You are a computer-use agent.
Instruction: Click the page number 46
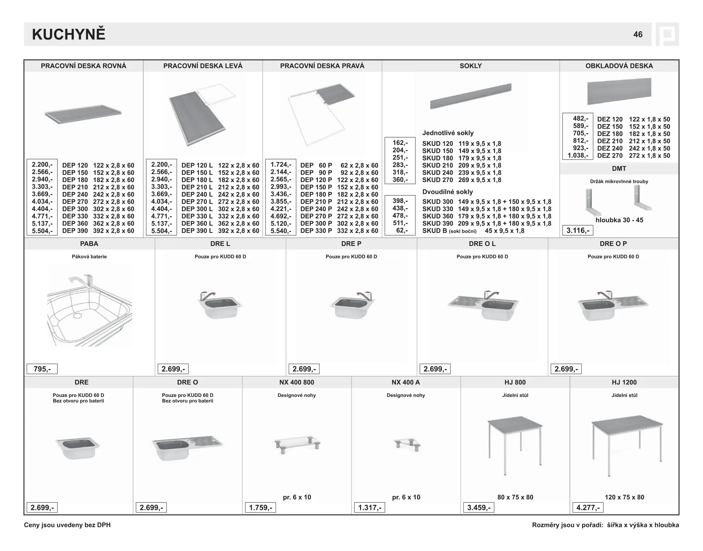pyautogui.click(x=638, y=35)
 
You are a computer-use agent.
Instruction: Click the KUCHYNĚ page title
pyautogui.click(x=69, y=35)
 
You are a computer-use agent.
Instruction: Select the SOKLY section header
pyautogui.click(x=471, y=66)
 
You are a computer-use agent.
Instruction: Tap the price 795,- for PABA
pyautogui.click(x=42, y=369)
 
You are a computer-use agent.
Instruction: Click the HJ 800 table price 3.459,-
pyautogui.click(x=479, y=508)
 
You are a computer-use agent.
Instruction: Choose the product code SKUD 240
pyautogui.click(x=438, y=173)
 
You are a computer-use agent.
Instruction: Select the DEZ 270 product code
pyautogui.click(x=610, y=156)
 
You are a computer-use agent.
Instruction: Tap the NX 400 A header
pyautogui.click(x=406, y=382)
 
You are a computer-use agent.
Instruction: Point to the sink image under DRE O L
pyautogui.click(x=482, y=305)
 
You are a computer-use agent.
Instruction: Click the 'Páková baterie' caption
pyautogui.click(x=89, y=257)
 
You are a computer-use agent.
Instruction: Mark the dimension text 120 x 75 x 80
pyautogui.click(x=624, y=497)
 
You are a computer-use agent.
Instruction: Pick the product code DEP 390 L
pyautogui.click(x=197, y=231)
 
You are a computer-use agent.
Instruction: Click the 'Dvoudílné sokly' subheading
pyautogui.click(x=447, y=192)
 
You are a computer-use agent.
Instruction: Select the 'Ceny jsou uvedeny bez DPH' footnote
pyautogui.click(x=67, y=525)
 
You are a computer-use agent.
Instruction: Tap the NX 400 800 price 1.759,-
pyautogui.click(x=260, y=508)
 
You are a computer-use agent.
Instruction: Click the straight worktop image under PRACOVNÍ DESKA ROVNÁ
pyautogui.click(x=83, y=114)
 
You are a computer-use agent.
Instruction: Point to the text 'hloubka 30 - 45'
pyautogui.click(x=619, y=220)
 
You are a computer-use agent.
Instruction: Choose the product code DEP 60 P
pyautogui.click(x=316, y=166)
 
